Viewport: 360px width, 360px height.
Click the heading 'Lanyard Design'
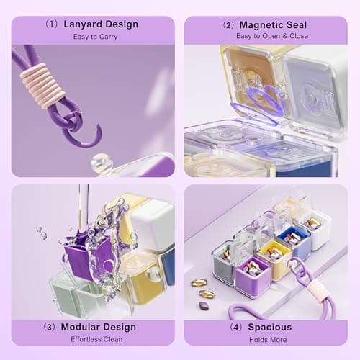pos(100,24)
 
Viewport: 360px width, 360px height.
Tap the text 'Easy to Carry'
pos(93,37)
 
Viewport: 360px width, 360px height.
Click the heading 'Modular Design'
pos(100,327)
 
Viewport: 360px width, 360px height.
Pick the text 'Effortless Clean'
pos(93,338)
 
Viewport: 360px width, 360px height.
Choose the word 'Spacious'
pos(271,327)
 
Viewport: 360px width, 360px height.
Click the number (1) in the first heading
pos(51,24)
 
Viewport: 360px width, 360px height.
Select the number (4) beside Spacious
pos(235,327)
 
